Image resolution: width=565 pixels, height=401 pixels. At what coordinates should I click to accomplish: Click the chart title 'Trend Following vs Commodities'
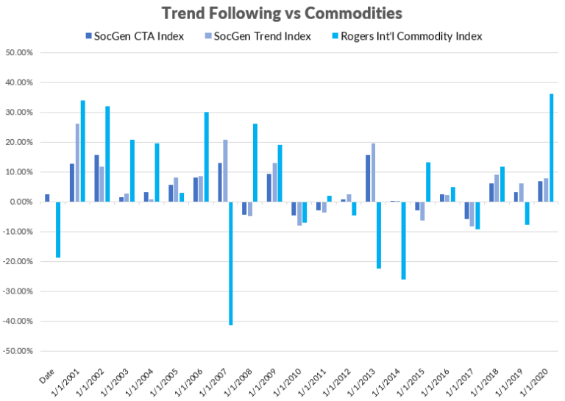[x=282, y=13]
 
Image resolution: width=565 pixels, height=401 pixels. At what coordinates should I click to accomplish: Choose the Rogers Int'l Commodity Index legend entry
[x=410, y=36]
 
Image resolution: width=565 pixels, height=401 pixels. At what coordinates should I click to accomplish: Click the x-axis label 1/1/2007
[x=213, y=375]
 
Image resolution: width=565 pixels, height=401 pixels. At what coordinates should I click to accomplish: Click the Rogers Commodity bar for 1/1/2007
[x=230, y=263]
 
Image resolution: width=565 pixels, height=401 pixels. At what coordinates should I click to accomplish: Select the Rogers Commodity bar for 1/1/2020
[x=551, y=148]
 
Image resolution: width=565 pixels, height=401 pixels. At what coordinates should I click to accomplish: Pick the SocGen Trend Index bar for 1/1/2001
[x=77, y=163]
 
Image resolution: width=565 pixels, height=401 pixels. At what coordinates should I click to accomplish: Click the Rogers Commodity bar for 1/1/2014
[x=403, y=240]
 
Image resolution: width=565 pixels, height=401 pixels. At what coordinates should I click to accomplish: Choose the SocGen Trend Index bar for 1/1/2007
[x=224, y=171]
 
